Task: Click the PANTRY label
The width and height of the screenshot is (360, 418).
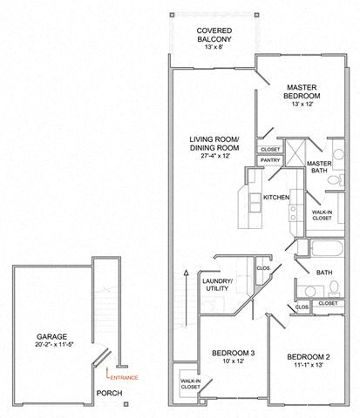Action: [x=269, y=160]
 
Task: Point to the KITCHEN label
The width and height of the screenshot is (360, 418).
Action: [x=276, y=197]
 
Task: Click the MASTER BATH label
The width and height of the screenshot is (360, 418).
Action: [x=319, y=168]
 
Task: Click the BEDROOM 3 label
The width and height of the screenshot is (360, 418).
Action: [x=234, y=353]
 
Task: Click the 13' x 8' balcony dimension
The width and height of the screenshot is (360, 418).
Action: [x=212, y=46]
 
